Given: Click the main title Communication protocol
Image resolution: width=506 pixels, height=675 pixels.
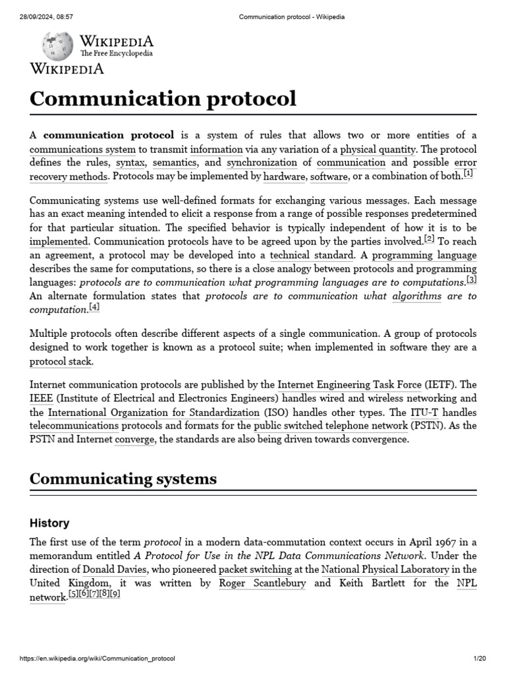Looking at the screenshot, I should (x=163, y=98).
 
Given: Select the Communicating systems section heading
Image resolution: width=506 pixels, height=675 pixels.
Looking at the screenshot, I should (x=123, y=479).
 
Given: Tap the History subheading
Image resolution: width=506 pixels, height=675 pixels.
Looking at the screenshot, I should (x=49, y=523).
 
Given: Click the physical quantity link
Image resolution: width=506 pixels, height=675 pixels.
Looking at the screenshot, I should (x=378, y=149).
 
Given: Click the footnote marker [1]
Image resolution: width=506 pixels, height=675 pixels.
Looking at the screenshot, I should (x=468, y=174).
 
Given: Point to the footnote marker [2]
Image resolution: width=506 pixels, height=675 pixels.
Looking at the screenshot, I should (x=430, y=239).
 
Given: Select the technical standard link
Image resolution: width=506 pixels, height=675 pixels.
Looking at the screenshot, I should (x=312, y=255).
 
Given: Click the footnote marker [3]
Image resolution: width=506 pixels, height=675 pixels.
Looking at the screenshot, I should (x=471, y=279).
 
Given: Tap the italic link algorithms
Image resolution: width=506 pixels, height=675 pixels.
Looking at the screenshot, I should (x=416, y=296).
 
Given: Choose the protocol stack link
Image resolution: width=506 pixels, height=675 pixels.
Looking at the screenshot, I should (x=61, y=361).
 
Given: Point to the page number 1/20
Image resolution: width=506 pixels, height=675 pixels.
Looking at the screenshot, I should (x=479, y=659).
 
